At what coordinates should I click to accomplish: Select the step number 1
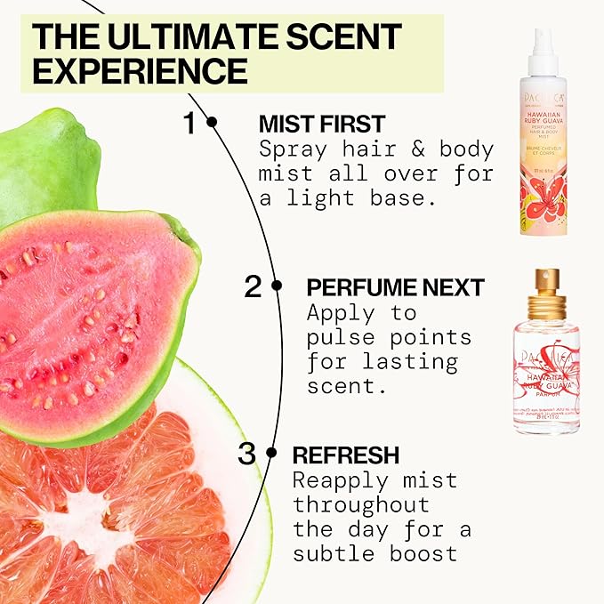[x=189, y=122]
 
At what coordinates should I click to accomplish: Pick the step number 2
[x=254, y=286]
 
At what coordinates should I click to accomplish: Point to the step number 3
[x=247, y=454]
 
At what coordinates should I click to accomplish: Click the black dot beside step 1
[x=212, y=122]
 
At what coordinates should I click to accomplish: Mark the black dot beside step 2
[x=277, y=286]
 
